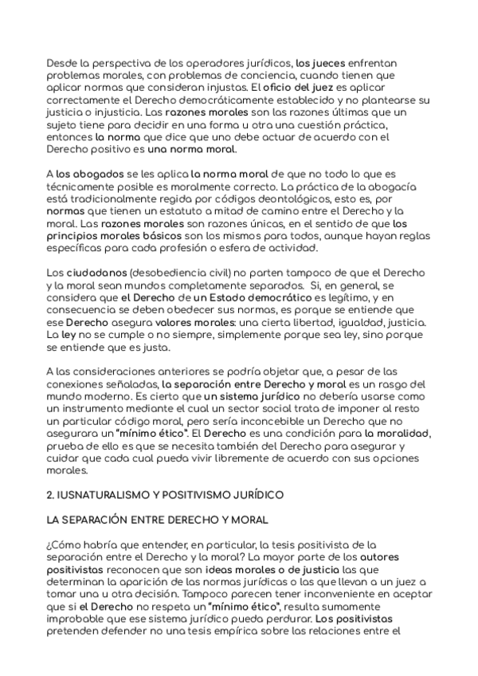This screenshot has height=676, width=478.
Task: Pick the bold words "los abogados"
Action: (x=87, y=173)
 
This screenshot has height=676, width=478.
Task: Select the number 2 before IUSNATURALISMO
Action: (x=50, y=495)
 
